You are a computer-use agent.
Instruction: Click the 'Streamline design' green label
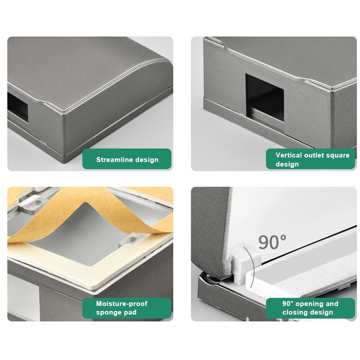(127, 159)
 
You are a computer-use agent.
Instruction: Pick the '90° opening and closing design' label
(310, 308)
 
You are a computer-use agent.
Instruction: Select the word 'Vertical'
(289, 155)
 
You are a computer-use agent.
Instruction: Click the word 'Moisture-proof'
(121, 304)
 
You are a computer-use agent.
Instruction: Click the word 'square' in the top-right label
(339, 155)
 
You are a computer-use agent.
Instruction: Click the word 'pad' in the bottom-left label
(130, 312)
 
